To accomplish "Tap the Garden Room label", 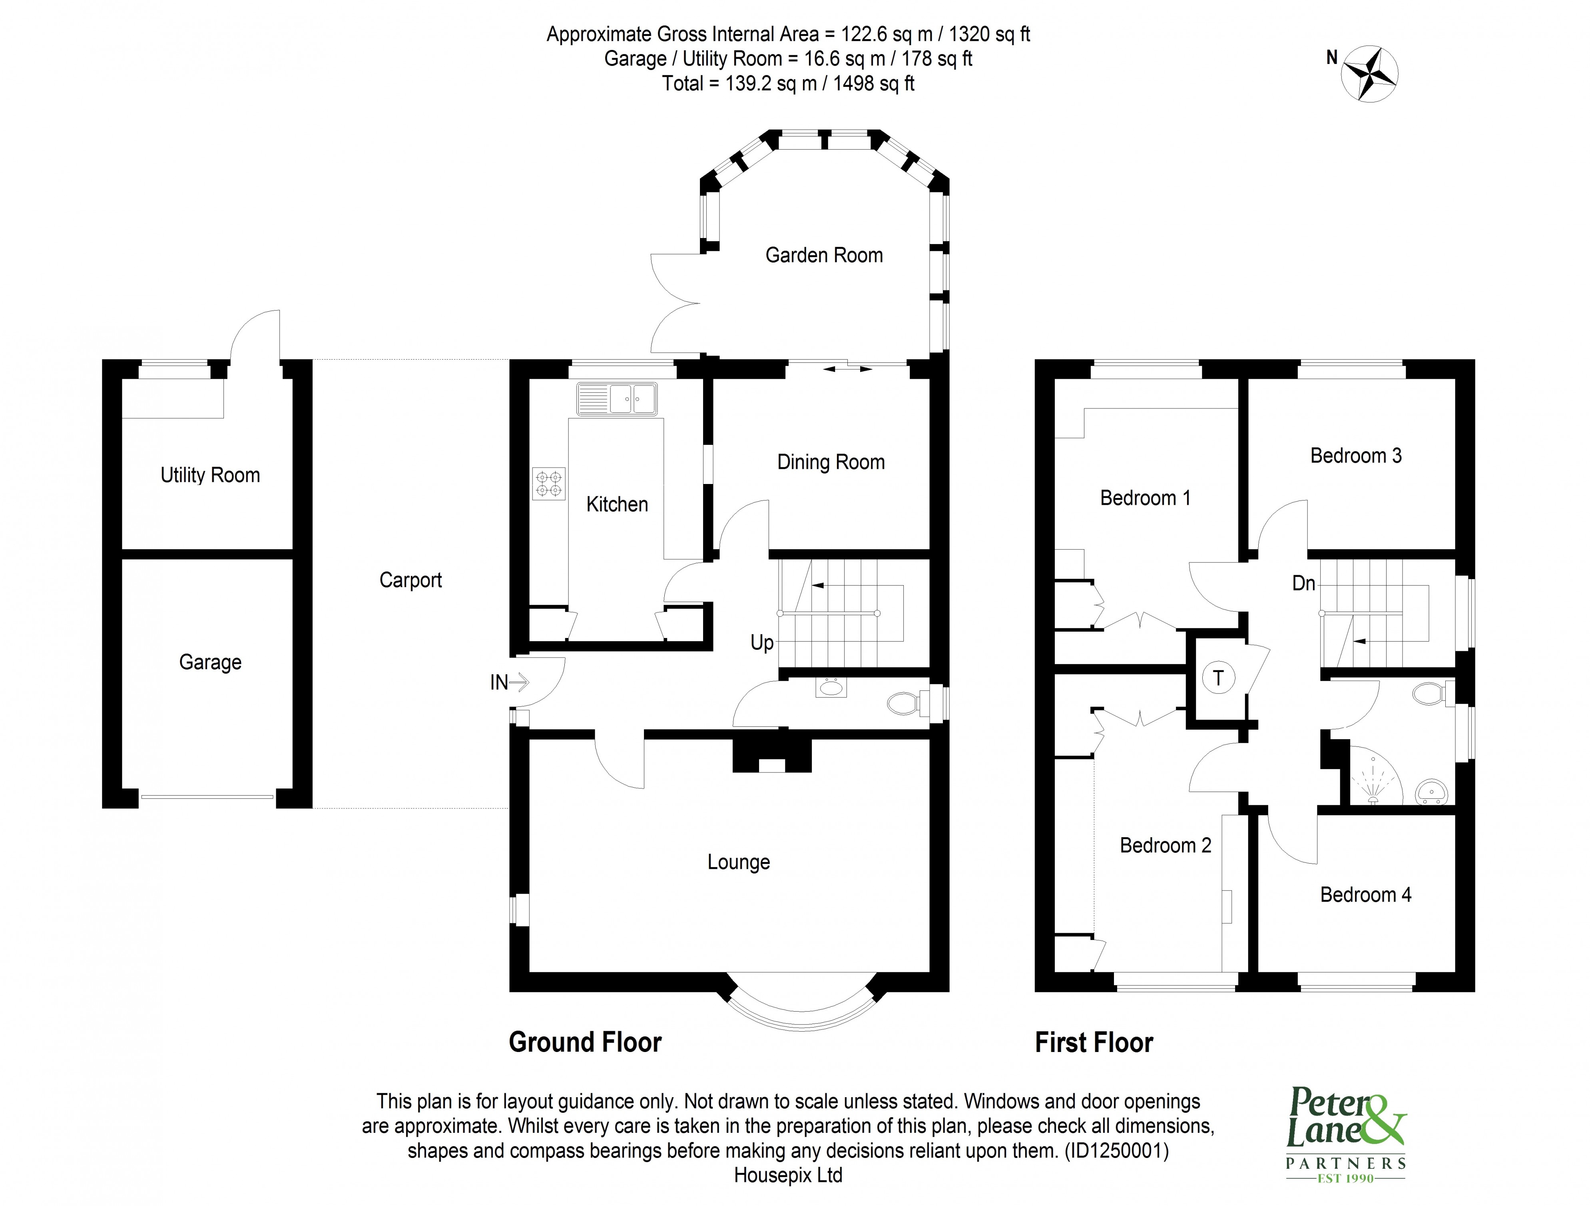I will click(x=824, y=255).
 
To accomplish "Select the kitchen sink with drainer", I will click(x=617, y=398).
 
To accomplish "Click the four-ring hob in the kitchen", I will click(x=548, y=483).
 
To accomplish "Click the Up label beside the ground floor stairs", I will click(x=762, y=642).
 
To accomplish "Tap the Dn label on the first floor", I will click(x=1303, y=583).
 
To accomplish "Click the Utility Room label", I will click(x=210, y=475).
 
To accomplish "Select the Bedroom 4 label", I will click(x=1365, y=895).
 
